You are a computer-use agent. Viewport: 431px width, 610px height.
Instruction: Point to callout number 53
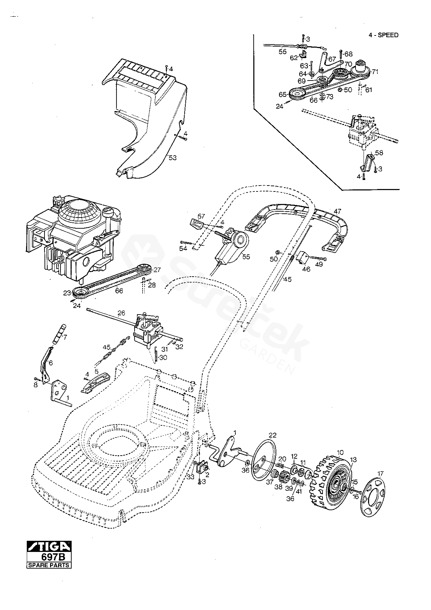(x=173, y=158)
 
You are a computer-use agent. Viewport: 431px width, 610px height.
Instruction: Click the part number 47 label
(x=337, y=211)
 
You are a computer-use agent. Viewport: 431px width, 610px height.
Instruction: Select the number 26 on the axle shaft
(x=121, y=313)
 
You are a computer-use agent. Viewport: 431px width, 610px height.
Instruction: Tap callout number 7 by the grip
(x=65, y=337)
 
